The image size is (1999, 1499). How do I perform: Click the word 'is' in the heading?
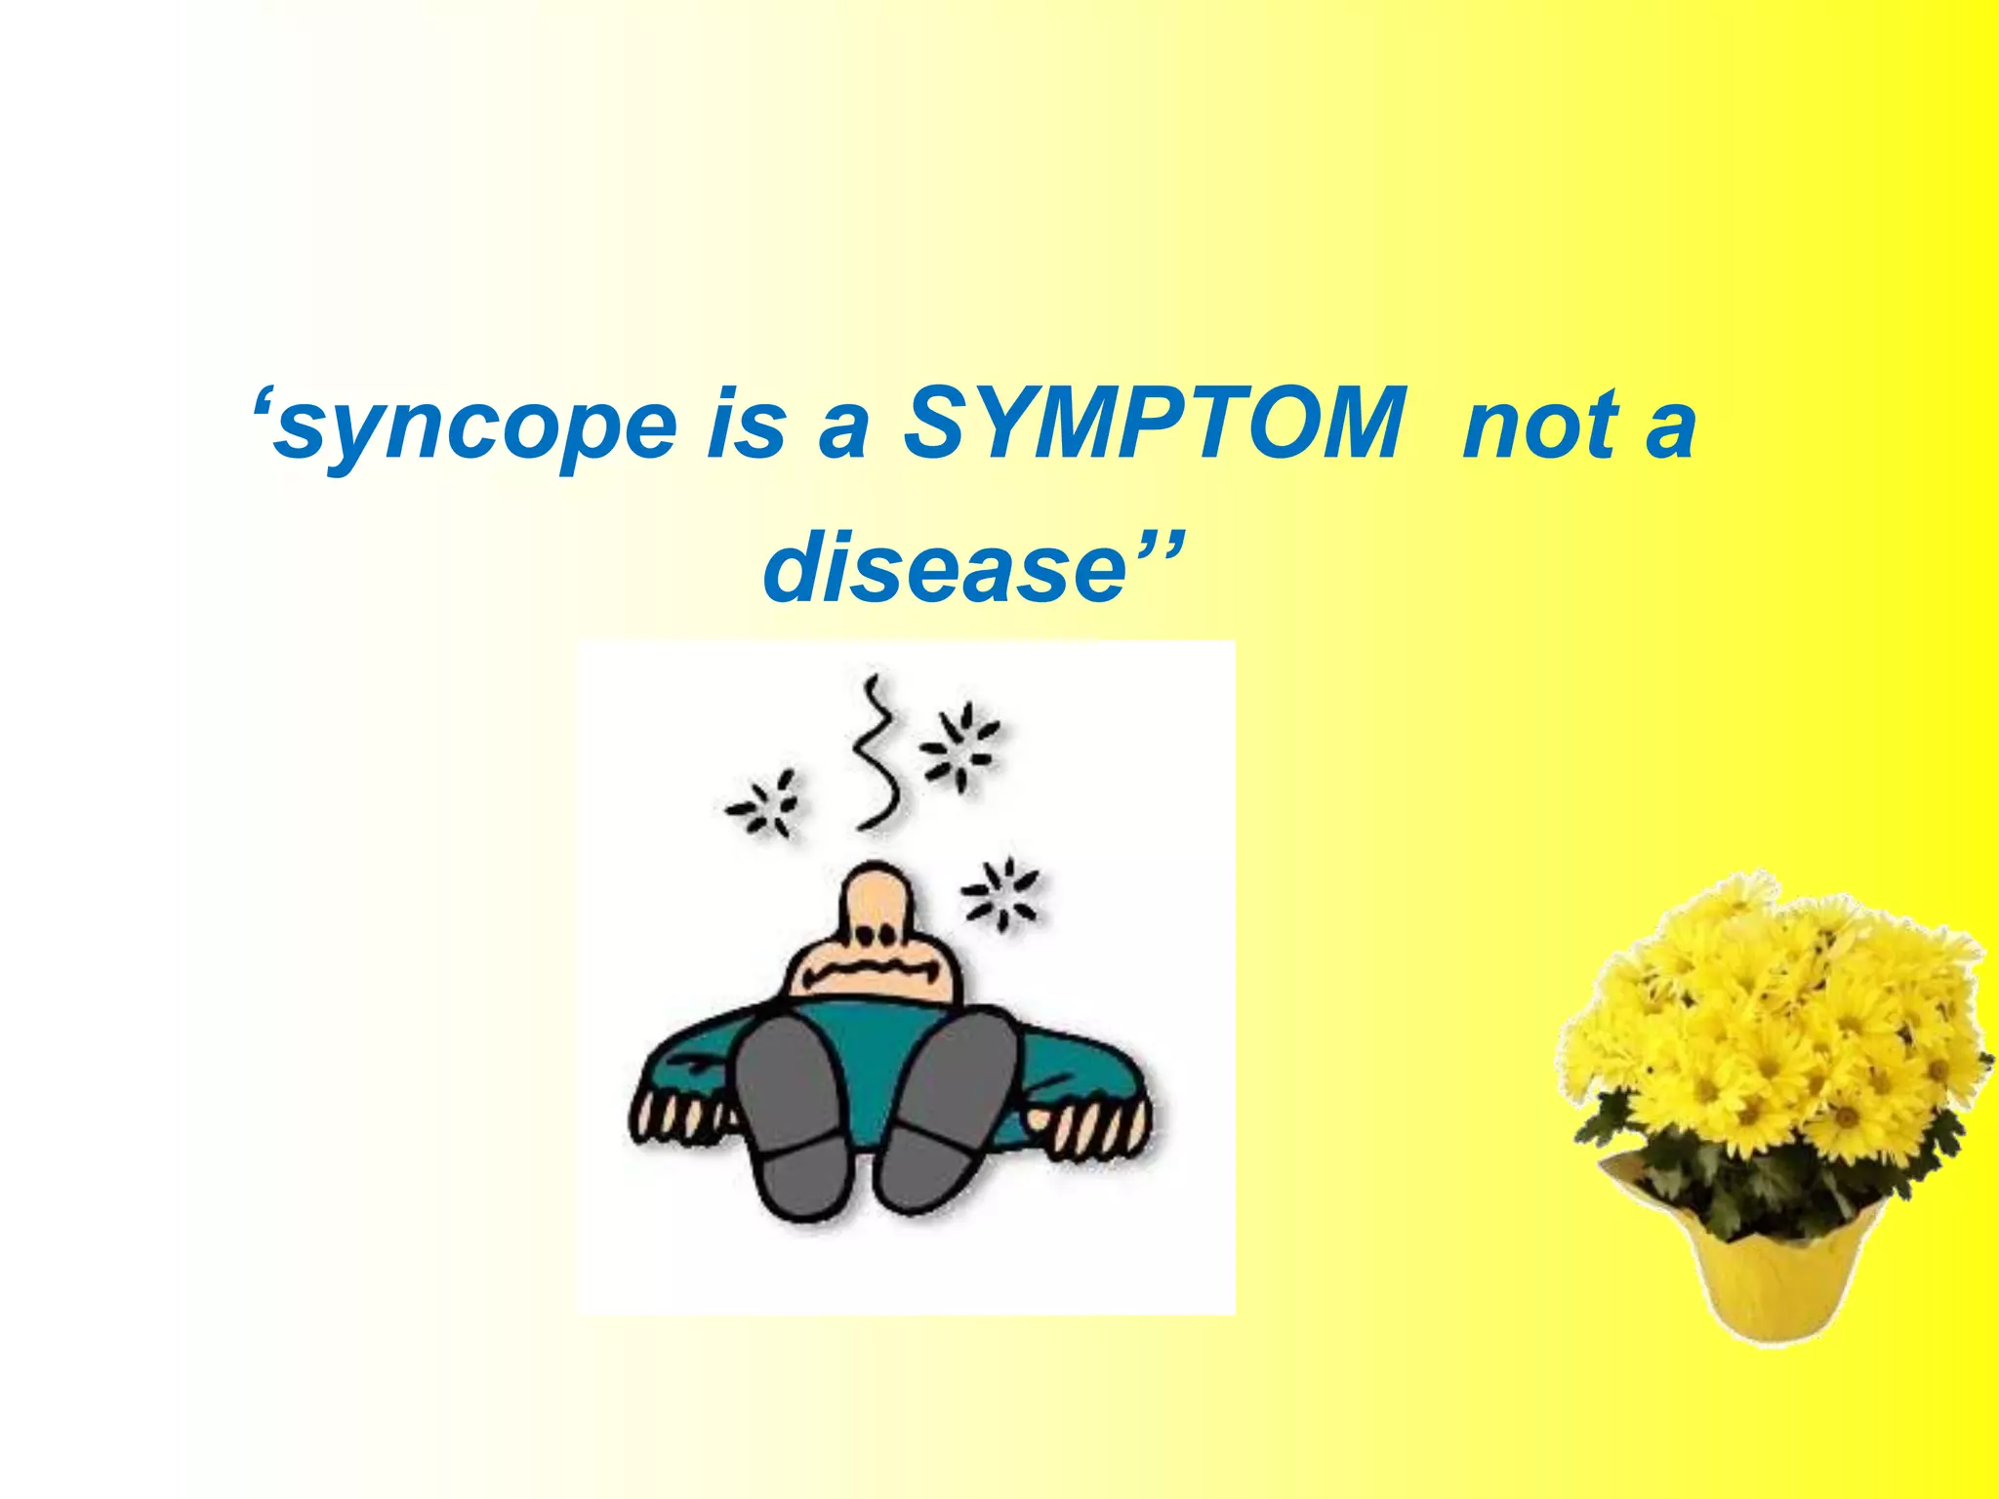(x=747, y=425)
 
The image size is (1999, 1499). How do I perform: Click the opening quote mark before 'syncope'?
(x=262, y=402)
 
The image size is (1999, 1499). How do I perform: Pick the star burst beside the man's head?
(x=1000, y=893)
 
